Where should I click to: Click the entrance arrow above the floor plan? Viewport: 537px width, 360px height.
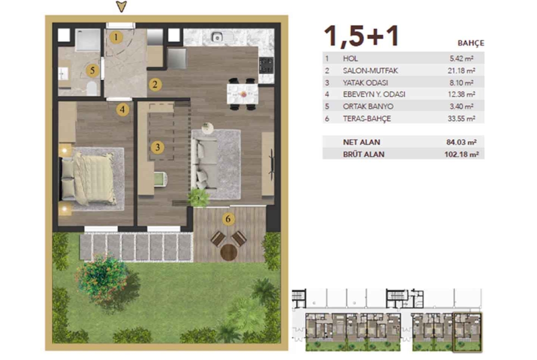click(122, 6)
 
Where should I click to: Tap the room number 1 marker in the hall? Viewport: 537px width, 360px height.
click(116, 37)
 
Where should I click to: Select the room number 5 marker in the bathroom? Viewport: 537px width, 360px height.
click(92, 71)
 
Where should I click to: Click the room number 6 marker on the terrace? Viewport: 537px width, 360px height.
click(228, 219)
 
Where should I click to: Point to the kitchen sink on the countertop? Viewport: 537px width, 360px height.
click(217, 37)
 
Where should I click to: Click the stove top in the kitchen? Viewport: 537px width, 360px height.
click(266, 65)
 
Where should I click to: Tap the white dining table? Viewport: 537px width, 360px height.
click(242, 94)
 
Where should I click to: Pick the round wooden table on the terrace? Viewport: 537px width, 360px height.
click(229, 253)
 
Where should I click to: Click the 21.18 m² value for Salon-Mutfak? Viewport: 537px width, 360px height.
click(461, 71)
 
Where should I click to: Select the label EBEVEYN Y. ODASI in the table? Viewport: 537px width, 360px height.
click(374, 94)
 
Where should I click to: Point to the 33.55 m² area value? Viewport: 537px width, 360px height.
click(461, 118)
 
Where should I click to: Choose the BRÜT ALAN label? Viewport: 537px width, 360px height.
click(364, 155)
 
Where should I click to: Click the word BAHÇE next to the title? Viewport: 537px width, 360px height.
click(471, 43)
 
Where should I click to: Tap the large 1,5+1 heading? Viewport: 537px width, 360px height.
click(362, 36)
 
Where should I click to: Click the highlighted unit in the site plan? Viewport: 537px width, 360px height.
click(468, 332)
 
